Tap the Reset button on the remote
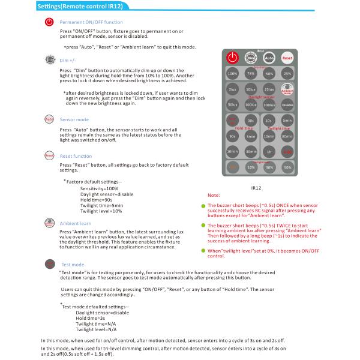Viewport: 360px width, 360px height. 287,58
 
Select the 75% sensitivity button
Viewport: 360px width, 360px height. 251,73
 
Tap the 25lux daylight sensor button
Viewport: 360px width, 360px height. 269,89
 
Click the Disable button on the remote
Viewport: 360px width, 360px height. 287,105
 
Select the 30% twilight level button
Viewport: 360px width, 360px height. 269,167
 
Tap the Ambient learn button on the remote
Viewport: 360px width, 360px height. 287,89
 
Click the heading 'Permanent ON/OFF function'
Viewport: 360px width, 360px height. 91,22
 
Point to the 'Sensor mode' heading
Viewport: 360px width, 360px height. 74,120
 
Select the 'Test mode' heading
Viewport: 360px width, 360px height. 73,264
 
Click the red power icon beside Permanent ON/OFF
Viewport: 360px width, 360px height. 49,22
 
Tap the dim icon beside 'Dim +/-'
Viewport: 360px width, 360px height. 49,61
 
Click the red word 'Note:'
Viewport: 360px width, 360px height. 214,196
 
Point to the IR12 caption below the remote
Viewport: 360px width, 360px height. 256,187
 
